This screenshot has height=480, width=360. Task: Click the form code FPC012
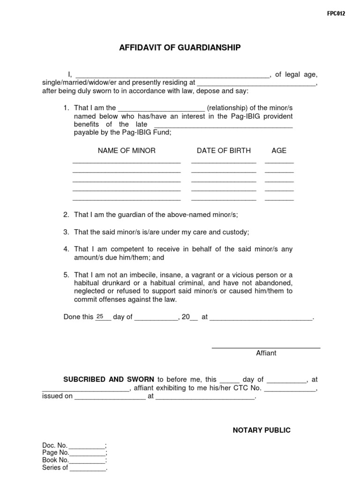pyautogui.click(x=336, y=14)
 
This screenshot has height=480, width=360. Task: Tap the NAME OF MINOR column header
pyautogui.click(x=127, y=150)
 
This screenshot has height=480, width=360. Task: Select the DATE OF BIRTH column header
pyautogui.click(x=224, y=150)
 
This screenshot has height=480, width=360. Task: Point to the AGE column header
pyautogui.click(x=279, y=150)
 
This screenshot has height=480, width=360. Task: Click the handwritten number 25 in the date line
pyautogui.click(x=99, y=316)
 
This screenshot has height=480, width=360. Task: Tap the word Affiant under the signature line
pyautogui.click(x=266, y=353)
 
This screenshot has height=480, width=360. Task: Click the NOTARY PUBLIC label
pyautogui.click(x=262, y=430)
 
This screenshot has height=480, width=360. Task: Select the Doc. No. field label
pyautogui.click(x=55, y=445)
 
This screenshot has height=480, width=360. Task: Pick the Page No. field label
pyautogui.click(x=55, y=452)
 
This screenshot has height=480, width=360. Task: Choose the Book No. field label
pyautogui.click(x=55, y=460)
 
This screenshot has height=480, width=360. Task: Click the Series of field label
pyautogui.click(x=55, y=467)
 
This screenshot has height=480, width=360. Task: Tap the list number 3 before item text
pyautogui.click(x=66, y=232)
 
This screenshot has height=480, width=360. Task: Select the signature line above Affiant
pyautogui.click(x=266, y=347)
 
